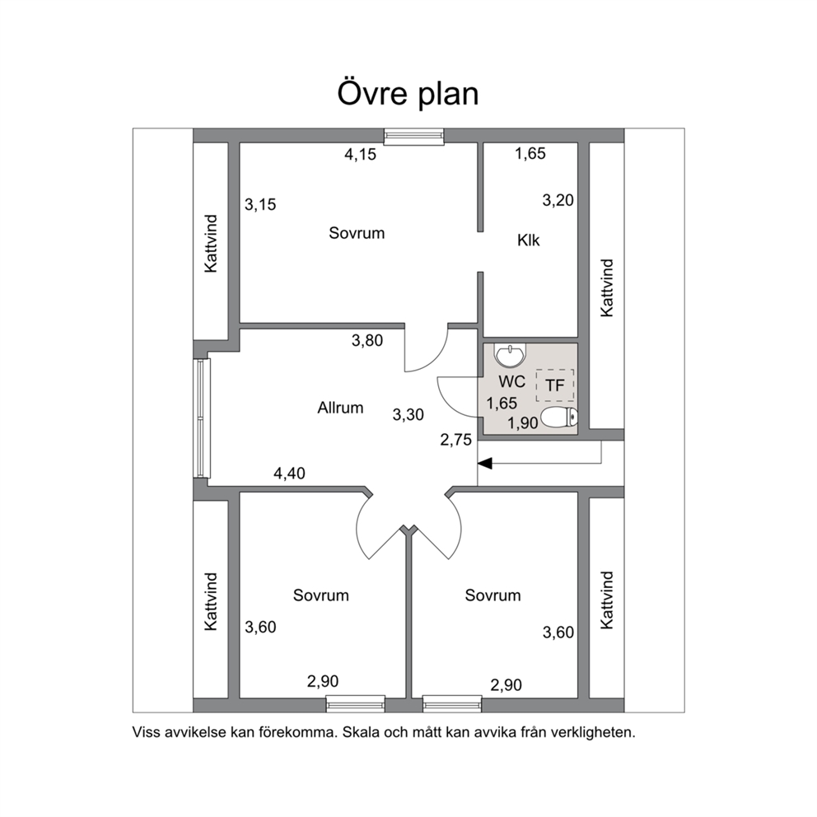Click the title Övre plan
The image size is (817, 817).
(x=408, y=94)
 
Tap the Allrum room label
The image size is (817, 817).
(x=340, y=408)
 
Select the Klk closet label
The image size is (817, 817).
(x=529, y=240)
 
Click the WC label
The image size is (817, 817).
(x=511, y=381)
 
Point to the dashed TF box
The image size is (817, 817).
(x=555, y=385)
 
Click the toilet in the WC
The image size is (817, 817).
(x=559, y=418)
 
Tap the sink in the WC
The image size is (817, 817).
(x=511, y=355)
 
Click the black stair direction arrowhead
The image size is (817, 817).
(x=485, y=463)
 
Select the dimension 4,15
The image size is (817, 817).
(x=360, y=154)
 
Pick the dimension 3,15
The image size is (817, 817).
(x=260, y=204)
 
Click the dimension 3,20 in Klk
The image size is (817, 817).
(x=558, y=200)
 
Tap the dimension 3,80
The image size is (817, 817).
(x=367, y=341)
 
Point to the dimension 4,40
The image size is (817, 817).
(x=289, y=473)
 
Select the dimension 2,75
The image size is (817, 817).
(x=456, y=441)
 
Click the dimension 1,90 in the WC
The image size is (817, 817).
(x=523, y=423)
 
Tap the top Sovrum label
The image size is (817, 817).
(x=357, y=233)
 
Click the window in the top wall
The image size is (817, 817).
(x=414, y=137)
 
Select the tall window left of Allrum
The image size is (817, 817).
(x=202, y=418)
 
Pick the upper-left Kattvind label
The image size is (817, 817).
(x=211, y=243)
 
